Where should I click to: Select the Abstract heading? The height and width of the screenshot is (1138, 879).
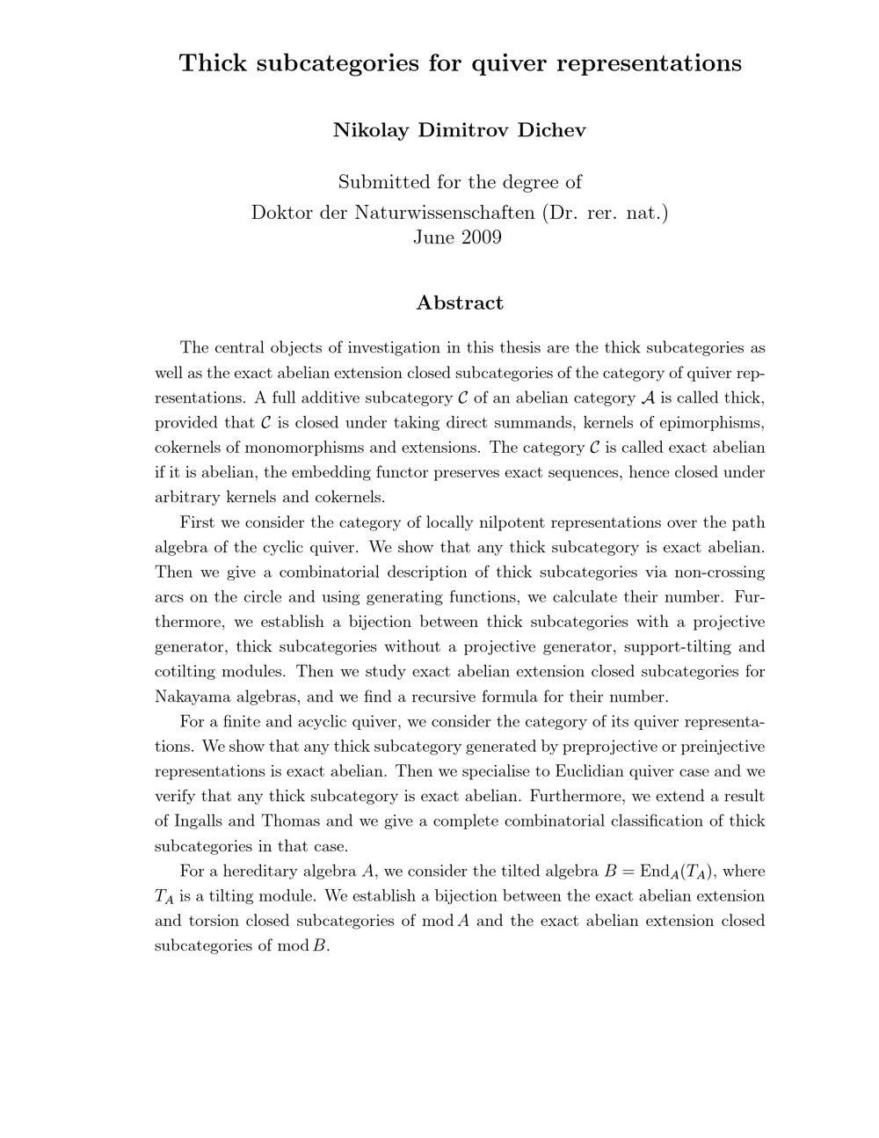click(460, 303)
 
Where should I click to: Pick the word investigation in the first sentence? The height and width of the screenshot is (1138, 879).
click(393, 347)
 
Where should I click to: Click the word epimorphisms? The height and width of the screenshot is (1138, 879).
click(710, 422)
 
